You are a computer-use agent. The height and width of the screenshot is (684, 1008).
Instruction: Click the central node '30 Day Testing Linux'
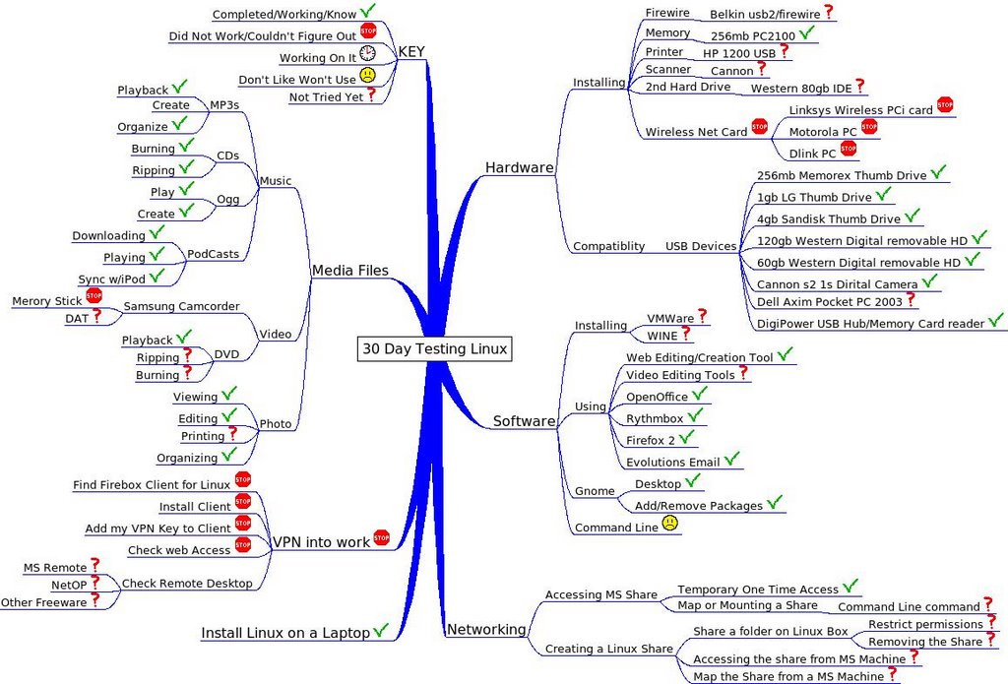[434, 348]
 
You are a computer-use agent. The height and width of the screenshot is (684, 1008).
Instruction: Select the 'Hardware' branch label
[519, 167]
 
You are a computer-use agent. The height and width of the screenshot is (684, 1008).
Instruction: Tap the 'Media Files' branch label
[349, 270]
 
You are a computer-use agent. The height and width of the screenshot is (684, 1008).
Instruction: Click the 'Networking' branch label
[486, 630]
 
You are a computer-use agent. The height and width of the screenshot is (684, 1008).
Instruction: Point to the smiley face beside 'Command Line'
[670, 524]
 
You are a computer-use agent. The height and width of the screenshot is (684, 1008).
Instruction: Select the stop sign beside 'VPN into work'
[381, 537]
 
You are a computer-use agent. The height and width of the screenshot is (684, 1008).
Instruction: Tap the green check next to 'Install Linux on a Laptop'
[381, 630]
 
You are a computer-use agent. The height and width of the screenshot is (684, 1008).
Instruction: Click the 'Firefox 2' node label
[650, 439]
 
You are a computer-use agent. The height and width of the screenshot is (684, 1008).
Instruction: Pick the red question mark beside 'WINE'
[686, 334]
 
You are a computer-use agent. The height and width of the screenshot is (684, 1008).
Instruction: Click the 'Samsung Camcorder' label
[181, 306]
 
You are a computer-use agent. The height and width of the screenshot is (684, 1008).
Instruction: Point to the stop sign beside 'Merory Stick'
[94, 295]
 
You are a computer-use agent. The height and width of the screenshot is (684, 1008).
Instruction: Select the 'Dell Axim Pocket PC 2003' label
[829, 302]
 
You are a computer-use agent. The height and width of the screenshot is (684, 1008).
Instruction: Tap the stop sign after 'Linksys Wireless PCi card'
[945, 104]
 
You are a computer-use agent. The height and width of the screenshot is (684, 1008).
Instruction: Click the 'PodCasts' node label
[213, 254]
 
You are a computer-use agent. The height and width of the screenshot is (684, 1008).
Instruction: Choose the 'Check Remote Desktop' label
[187, 584]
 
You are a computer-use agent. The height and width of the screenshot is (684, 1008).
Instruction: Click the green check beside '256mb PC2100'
[807, 32]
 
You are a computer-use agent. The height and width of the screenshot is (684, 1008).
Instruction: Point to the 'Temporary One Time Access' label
[758, 589]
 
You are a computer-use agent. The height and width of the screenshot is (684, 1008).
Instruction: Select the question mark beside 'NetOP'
[95, 583]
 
